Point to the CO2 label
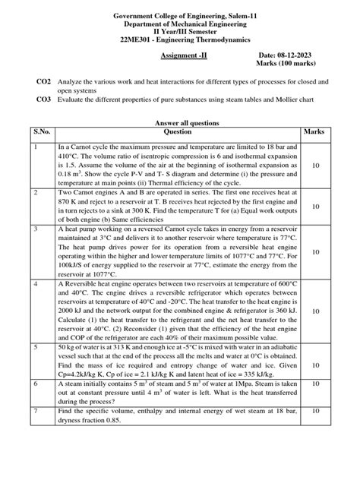[45, 81]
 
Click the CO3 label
[45, 99]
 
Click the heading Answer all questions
[180, 122]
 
